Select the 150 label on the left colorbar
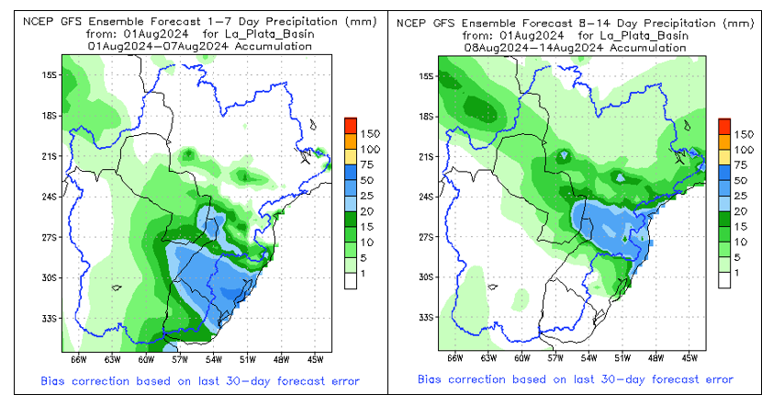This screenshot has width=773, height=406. pyautogui.click(x=370, y=134)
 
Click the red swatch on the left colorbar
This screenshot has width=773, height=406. pyautogui.click(x=350, y=126)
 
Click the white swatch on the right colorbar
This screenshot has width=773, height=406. pyautogui.click(x=723, y=281)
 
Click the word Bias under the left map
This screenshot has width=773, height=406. pyautogui.click(x=55, y=379)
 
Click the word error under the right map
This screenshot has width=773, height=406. pyautogui.click(x=715, y=379)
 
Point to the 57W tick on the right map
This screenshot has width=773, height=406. pyautogui.click(x=555, y=358)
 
